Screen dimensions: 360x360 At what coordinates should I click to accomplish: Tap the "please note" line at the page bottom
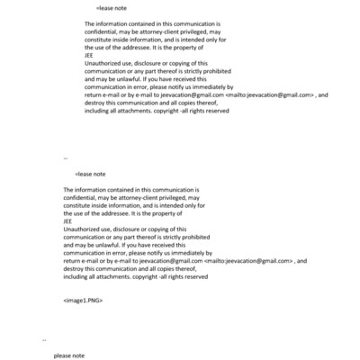[x=68, y=355]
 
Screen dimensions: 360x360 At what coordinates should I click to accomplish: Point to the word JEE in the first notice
[x=88, y=56]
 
